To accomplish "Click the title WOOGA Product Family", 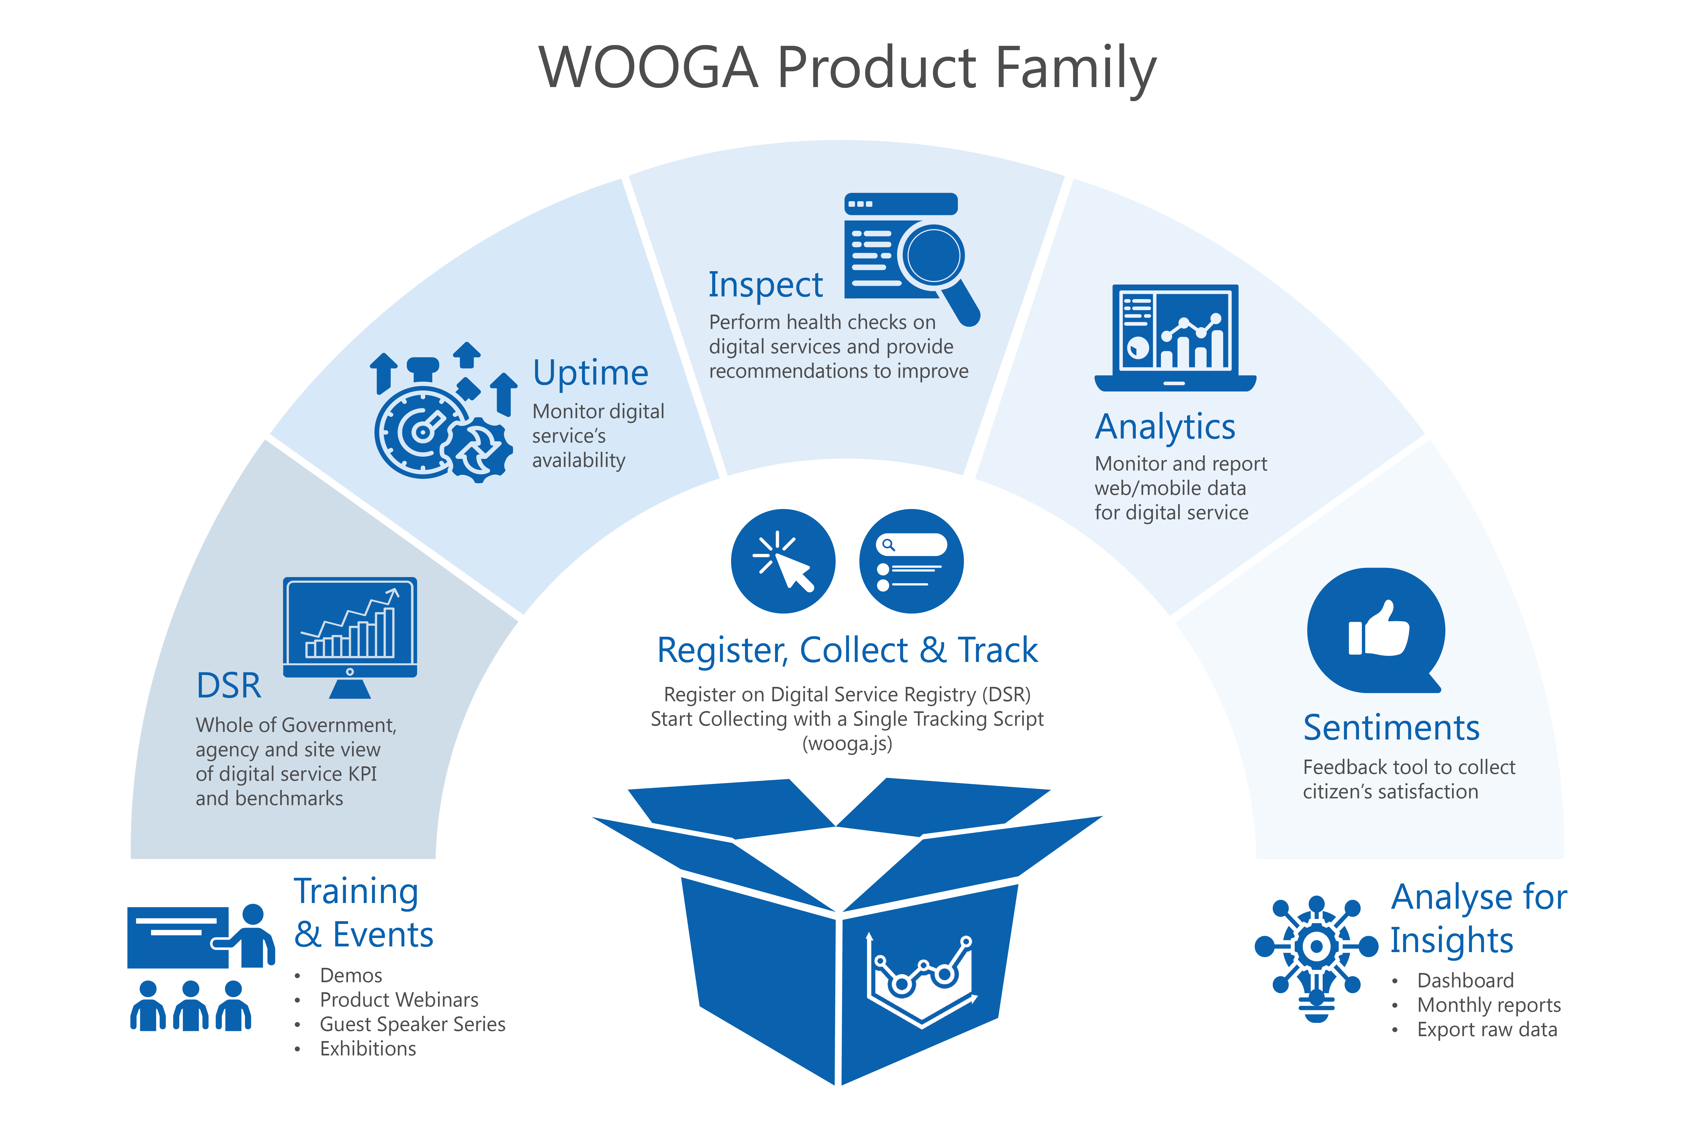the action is click(x=847, y=68).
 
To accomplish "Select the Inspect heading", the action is click(x=765, y=285).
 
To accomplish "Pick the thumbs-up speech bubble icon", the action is click(x=1376, y=630).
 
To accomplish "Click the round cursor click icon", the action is click(x=783, y=561).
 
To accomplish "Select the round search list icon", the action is click(x=912, y=561).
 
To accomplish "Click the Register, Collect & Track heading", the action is click(x=847, y=650).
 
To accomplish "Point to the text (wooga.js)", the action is click(x=847, y=744).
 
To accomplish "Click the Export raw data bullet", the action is click(x=1487, y=1029).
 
